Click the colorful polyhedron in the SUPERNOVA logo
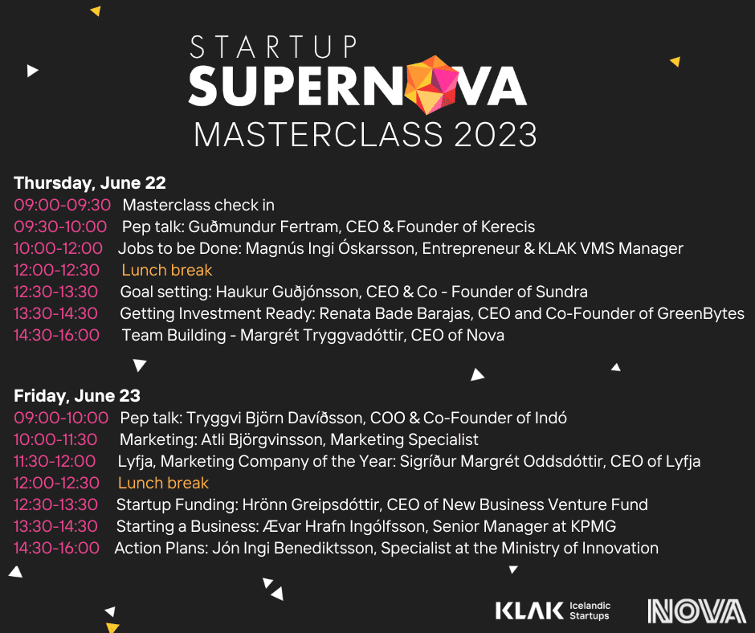(x=432, y=85)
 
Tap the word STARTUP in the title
(x=273, y=47)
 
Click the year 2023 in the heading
(x=496, y=134)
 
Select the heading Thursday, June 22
(x=90, y=183)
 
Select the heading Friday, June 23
(x=77, y=395)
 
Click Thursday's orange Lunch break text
(x=166, y=270)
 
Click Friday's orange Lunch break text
(x=163, y=483)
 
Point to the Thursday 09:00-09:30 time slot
(x=62, y=205)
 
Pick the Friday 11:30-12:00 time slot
(x=55, y=461)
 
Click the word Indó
(x=551, y=418)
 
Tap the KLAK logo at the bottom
(x=553, y=611)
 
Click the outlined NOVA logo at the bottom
(x=696, y=611)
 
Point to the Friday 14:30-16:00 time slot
(x=56, y=548)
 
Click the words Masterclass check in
(x=198, y=205)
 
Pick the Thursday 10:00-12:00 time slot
(x=58, y=248)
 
